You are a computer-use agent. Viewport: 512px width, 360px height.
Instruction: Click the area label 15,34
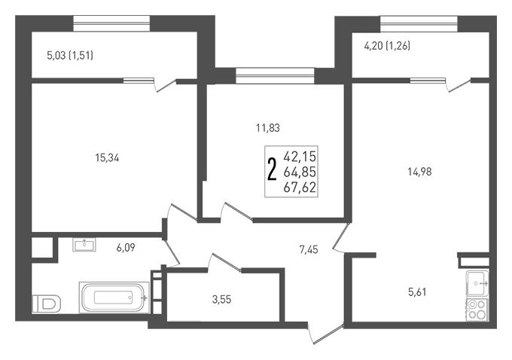(x=107, y=158)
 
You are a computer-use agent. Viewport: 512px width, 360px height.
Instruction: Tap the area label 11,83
(x=268, y=128)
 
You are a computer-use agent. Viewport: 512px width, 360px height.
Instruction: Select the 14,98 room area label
(x=419, y=172)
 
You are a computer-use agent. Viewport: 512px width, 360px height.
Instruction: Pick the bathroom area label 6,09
(x=126, y=248)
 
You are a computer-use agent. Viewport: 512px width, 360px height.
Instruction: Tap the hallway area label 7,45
(x=309, y=250)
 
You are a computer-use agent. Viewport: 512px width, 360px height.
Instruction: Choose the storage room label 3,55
(x=221, y=300)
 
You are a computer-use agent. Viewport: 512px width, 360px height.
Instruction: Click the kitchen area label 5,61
(x=417, y=292)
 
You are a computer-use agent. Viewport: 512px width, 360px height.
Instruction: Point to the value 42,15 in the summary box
(x=300, y=157)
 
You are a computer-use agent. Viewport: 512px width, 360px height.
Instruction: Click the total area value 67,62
(x=300, y=188)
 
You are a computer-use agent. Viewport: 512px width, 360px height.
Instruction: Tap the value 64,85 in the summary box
(x=300, y=172)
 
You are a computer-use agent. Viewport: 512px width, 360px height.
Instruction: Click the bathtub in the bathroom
(x=114, y=297)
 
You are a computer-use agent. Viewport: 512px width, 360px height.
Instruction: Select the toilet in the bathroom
(x=47, y=304)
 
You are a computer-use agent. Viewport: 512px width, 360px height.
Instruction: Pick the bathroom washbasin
(x=84, y=245)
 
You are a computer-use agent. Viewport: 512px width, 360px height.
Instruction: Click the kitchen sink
(x=477, y=284)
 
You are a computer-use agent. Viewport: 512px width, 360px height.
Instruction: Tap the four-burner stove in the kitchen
(x=477, y=310)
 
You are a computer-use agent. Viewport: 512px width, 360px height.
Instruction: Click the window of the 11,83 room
(x=275, y=76)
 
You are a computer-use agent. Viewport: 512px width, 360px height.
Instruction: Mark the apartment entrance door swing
(x=326, y=334)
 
